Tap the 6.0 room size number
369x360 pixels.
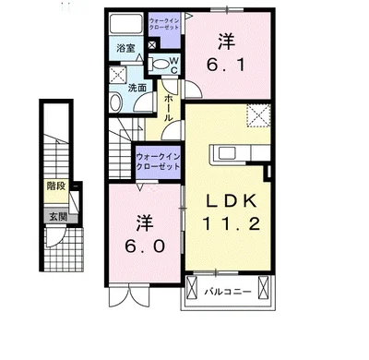[x=143, y=247]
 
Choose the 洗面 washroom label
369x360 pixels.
[x=137, y=88]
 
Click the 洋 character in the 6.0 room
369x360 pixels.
[x=143, y=222]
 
